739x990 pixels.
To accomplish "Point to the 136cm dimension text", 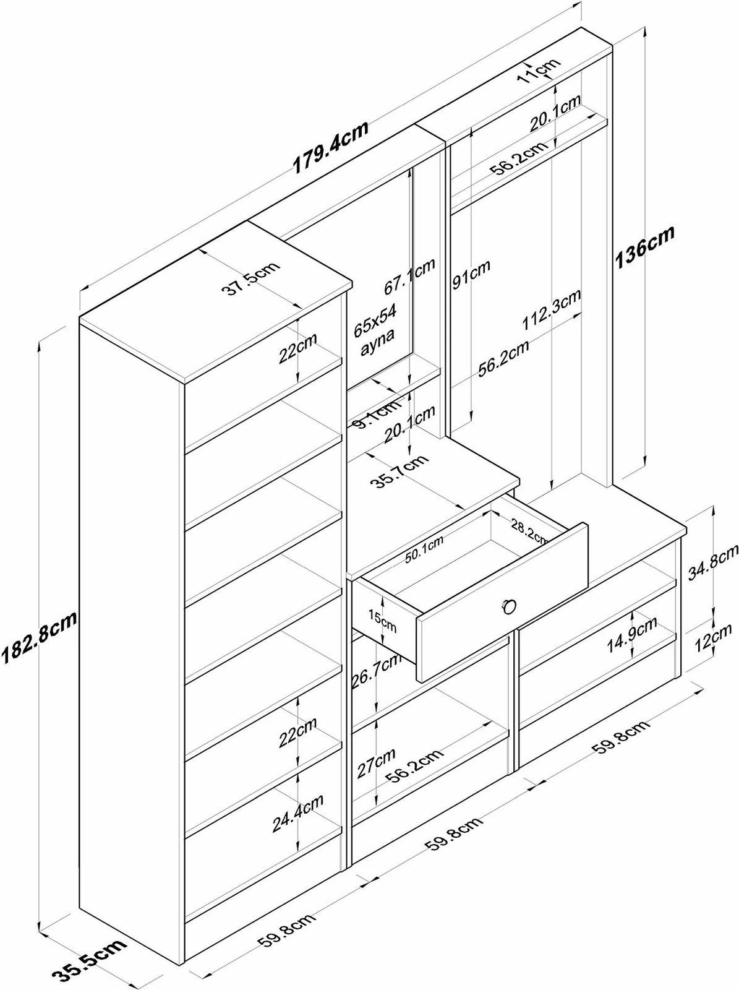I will click(643, 247).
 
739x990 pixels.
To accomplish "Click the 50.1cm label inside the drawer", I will click(425, 549).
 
